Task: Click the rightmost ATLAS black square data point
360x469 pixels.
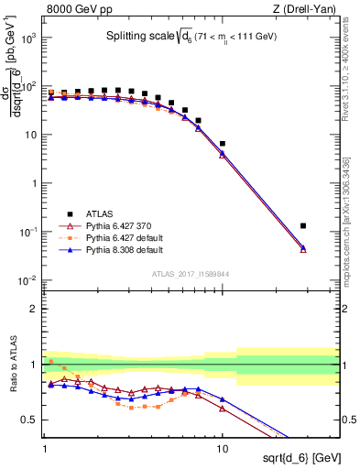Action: coord(303,225)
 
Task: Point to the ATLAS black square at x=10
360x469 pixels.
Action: coord(223,144)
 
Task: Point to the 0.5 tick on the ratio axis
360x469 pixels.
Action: coord(34,420)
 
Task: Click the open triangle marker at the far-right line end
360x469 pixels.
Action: coord(303,249)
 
